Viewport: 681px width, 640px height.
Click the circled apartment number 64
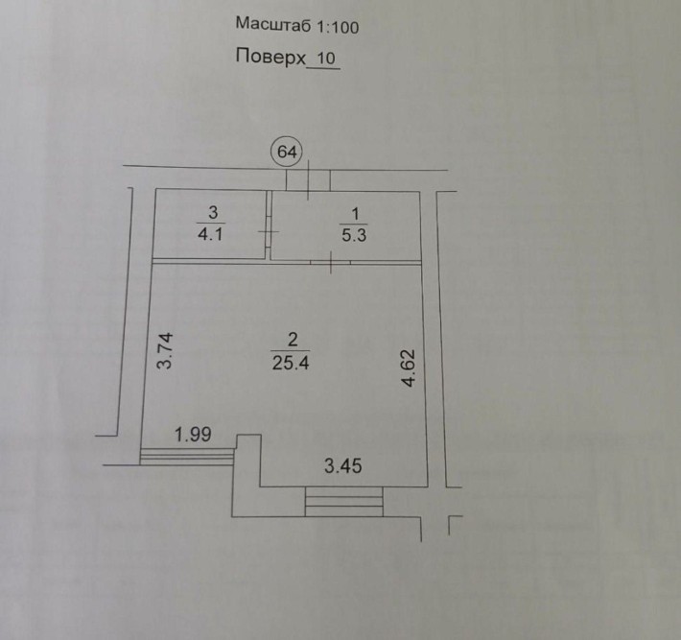pyautogui.click(x=287, y=152)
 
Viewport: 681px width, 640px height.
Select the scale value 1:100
pyautogui.click(x=338, y=28)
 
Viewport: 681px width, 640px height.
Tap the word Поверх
pyautogui.click(x=270, y=57)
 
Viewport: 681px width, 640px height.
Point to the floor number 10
pyautogui.click(x=326, y=59)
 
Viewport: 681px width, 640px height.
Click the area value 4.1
pyautogui.click(x=210, y=234)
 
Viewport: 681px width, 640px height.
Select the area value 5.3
pyautogui.click(x=354, y=235)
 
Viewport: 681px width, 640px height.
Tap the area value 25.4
pyautogui.click(x=291, y=363)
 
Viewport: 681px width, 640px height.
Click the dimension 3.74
pyautogui.click(x=166, y=350)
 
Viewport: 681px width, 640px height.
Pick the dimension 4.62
pyautogui.click(x=410, y=367)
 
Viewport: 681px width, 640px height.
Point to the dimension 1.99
pyautogui.click(x=193, y=434)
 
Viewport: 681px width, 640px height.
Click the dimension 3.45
pyautogui.click(x=343, y=466)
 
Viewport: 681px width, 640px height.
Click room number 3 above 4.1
pyautogui.click(x=213, y=212)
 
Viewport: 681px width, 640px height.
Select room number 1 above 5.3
pyautogui.click(x=355, y=214)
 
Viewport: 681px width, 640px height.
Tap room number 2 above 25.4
pyautogui.click(x=293, y=340)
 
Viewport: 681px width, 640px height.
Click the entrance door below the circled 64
pyautogui.click(x=308, y=179)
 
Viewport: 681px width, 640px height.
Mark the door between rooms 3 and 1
pyautogui.click(x=269, y=231)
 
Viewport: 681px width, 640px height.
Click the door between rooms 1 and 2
pyautogui.click(x=331, y=263)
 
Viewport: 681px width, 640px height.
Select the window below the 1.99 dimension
pyautogui.click(x=187, y=456)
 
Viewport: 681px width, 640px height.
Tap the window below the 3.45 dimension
pyautogui.click(x=344, y=502)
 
